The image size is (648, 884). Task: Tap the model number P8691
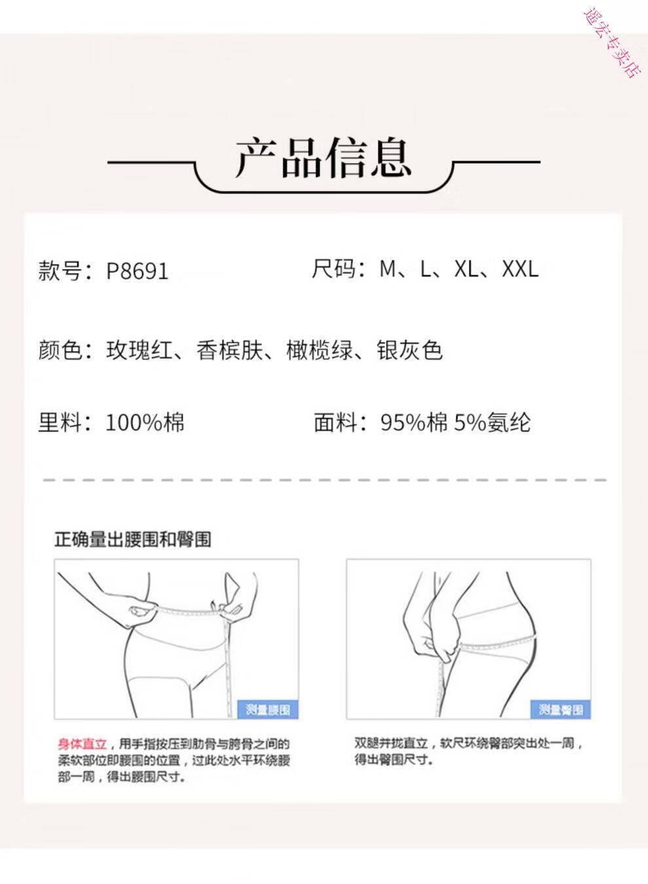tap(137, 271)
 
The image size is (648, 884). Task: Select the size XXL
tap(520, 269)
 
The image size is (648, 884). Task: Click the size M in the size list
tap(387, 269)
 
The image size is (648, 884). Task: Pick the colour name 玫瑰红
tap(139, 350)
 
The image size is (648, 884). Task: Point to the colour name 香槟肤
tap(230, 350)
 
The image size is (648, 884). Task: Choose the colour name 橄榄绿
tap(319, 350)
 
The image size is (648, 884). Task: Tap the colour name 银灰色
tap(410, 350)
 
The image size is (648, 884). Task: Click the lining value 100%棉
tap(145, 422)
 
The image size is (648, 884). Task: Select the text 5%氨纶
tap(492, 422)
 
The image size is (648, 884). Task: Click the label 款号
tap(60, 271)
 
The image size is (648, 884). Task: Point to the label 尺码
tap(333, 269)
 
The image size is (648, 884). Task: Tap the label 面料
tap(335, 422)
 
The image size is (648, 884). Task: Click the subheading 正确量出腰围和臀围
tap(133, 540)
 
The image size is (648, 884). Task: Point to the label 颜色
tap(60, 350)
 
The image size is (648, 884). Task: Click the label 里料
tap(60, 422)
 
